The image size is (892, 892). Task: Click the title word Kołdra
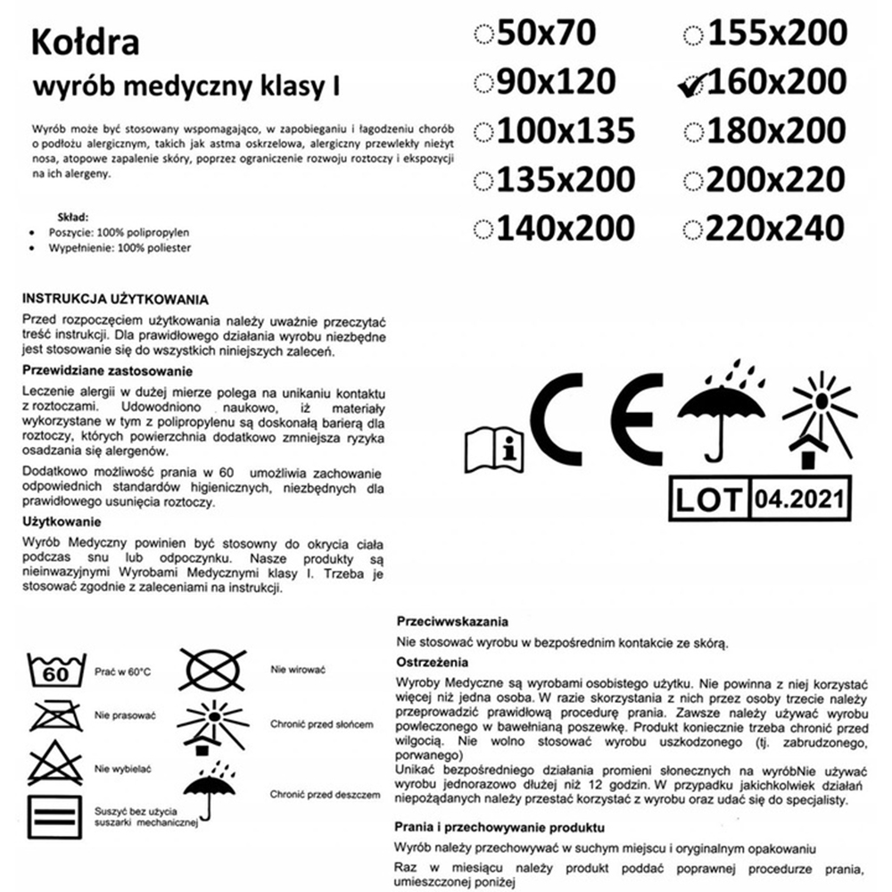84,43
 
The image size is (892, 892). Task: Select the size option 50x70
547,33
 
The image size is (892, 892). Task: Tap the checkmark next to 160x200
690,82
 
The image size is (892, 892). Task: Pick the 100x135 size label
566,130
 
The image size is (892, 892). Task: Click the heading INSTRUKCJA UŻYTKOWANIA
114,299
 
